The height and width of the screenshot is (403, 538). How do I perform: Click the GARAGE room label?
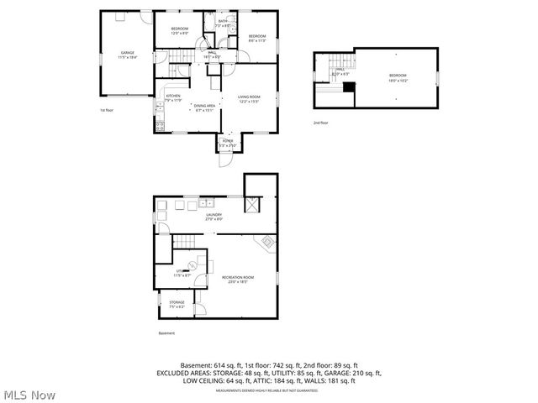click(x=127, y=53)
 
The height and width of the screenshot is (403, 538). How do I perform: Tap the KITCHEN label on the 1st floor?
click(x=173, y=97)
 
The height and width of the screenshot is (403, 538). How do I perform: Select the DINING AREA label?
click(x=204, y=106)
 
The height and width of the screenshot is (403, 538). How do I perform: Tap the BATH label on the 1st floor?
click(x=224, y=22)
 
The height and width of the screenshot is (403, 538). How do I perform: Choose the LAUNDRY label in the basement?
click(x=214, y=215)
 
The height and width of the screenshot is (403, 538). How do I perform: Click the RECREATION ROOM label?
click(x=238, y=277)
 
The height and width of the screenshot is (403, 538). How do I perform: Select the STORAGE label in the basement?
click(x=177, y=302)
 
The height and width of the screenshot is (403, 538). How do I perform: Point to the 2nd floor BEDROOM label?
click(x=397, y=75)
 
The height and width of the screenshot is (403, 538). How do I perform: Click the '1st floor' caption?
click(x=107, y=110)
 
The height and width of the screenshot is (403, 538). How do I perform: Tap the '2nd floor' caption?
click(x=321, y=123)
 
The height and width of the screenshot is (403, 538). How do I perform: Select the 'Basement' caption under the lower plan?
click(x=167, y=333)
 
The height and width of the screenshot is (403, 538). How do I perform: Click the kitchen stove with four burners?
click(x=159, y=127)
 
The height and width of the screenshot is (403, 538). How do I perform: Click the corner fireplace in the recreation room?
click(x=268, y=243)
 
